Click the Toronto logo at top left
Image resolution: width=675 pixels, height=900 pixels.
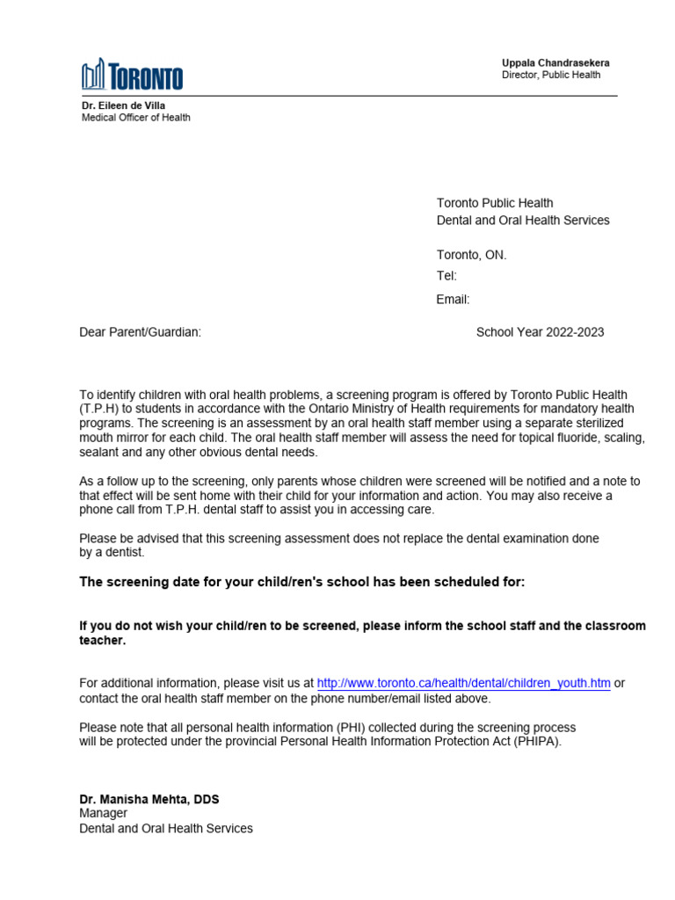click(x=132, y=76)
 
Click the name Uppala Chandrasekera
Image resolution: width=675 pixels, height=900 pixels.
click(x=555, y=63)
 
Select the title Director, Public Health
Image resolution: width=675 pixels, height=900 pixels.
click(x=551, y=76)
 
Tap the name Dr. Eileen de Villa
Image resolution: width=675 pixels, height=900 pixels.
click(x=124, y=105)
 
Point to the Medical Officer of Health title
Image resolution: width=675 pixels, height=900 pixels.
click(x=135, y=118)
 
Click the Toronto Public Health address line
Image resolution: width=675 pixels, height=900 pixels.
click(x=495, y=203)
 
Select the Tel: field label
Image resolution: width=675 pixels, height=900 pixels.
click(x=446, y=276)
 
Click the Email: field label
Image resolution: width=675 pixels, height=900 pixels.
click(x=453, y=300)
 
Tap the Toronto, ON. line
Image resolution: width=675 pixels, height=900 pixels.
click(x=472, y=255)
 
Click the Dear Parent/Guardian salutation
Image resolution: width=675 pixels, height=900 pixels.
click(x=141, y=332)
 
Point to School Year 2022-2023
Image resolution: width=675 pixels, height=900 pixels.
click(x=540, y=332)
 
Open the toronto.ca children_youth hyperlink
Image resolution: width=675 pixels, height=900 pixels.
click(x=463, y=683)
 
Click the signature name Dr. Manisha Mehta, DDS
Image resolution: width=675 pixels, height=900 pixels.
click(x=149, y=799)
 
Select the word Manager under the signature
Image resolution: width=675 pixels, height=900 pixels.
click(x=103, y=814)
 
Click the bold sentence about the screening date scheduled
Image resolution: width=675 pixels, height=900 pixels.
click(x=302, y=583)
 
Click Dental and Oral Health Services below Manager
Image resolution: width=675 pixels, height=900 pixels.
click(x=166, y=829)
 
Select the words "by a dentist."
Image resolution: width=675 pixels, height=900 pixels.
click(x=112, y=553)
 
